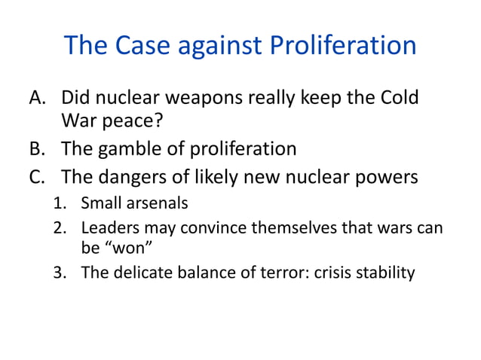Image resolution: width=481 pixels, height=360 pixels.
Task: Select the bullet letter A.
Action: [38, 99]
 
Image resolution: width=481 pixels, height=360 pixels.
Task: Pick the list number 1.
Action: [60, 203]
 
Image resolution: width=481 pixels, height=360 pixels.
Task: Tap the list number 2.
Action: [60, 227]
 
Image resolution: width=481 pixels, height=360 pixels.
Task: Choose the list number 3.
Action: [60, 273]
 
